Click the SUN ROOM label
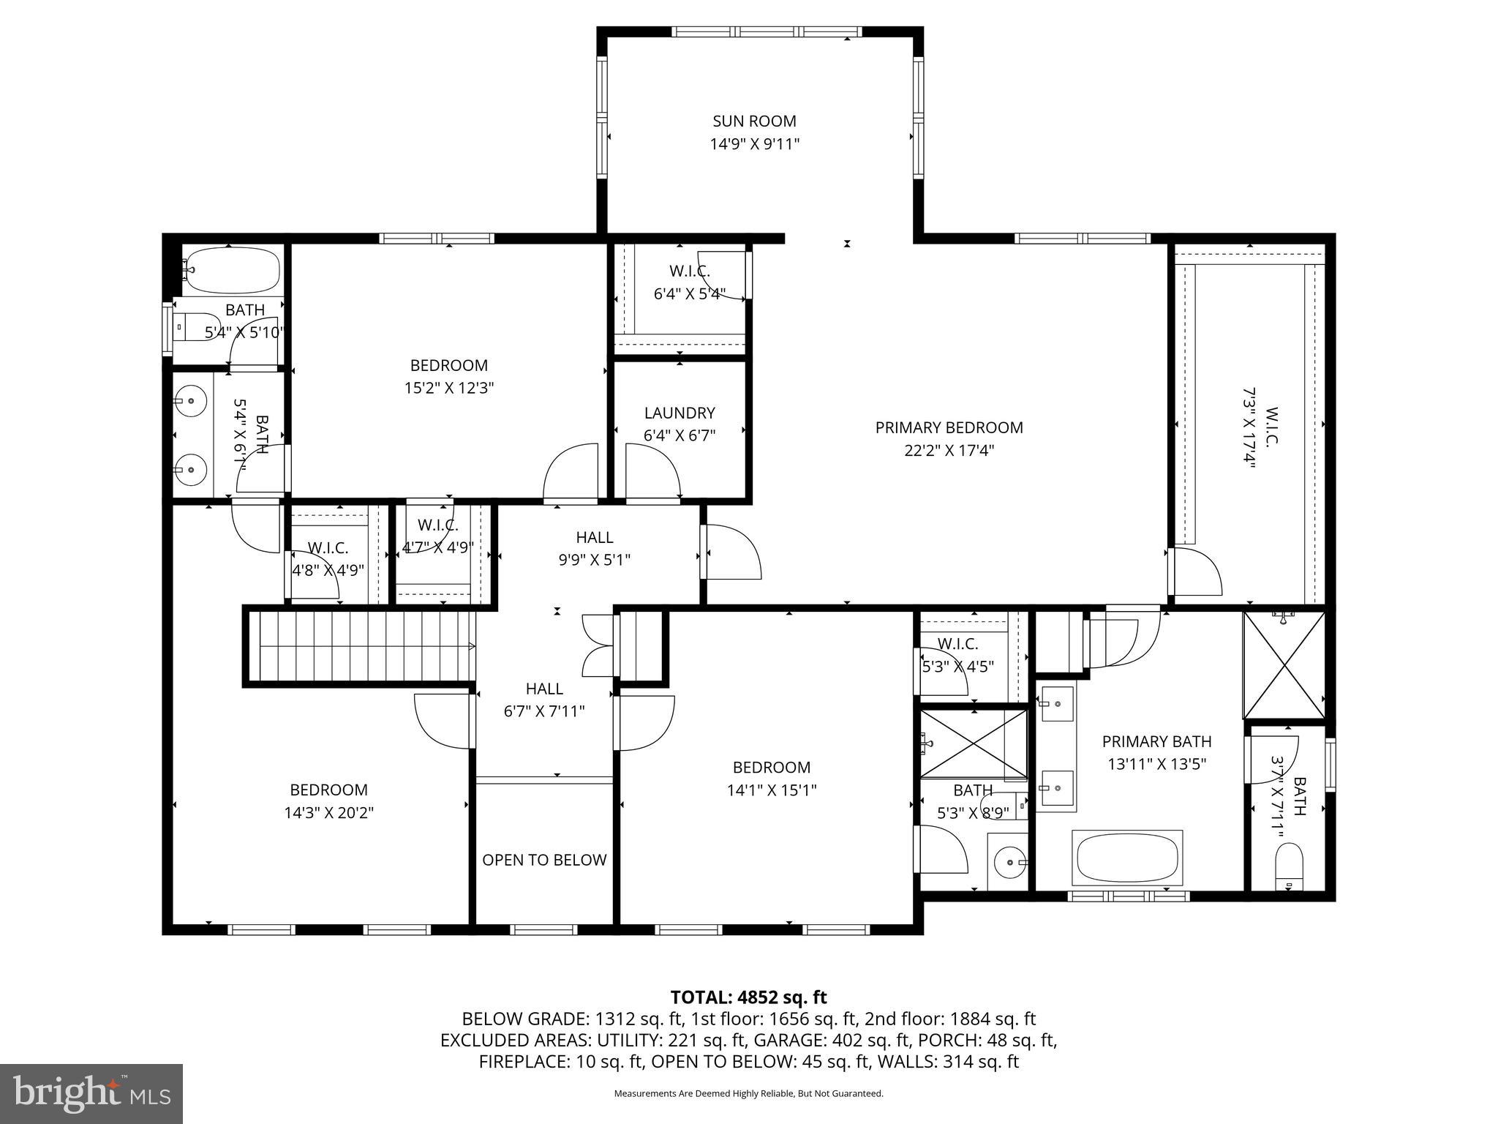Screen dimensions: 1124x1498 click(754, 121)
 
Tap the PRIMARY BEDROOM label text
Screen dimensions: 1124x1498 click(949, 427)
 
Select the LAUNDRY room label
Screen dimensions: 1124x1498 click(679, 413)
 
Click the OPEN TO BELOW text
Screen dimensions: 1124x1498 click(544, 860)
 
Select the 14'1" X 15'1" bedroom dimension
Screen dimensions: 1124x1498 click(771, 790)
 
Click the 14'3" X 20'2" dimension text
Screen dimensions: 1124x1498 click(328, 813)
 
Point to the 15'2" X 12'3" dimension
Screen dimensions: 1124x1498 click(449, 388)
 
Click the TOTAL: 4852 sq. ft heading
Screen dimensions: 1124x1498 click(748, 997)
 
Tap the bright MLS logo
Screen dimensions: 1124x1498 click(91, 1093)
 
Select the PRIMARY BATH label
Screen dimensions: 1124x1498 click(1156, 741)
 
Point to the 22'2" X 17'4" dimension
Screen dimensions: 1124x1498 click(949, 450)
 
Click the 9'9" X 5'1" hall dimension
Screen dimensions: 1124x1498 click(594, 560)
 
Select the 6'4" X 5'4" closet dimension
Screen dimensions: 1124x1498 click(689, 294)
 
